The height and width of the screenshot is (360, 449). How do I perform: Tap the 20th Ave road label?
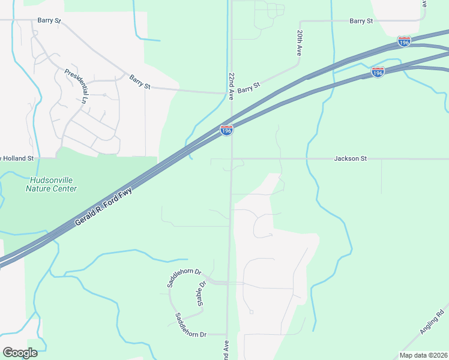point(299,43)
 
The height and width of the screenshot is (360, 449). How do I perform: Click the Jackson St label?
point(350,159)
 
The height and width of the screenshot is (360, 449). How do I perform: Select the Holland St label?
point(20,159)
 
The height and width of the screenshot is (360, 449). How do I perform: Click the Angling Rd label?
point(432,322)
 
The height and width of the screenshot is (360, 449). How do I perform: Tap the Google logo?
point(20,353)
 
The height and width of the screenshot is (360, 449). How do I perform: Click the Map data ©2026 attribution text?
point(423,355)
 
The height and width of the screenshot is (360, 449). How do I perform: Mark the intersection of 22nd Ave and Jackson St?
point(231,159)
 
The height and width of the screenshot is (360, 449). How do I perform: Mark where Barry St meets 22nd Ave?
point(231,93)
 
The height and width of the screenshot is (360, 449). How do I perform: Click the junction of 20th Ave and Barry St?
point(299,21)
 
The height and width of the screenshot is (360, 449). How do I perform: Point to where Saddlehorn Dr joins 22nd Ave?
point(229,283)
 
